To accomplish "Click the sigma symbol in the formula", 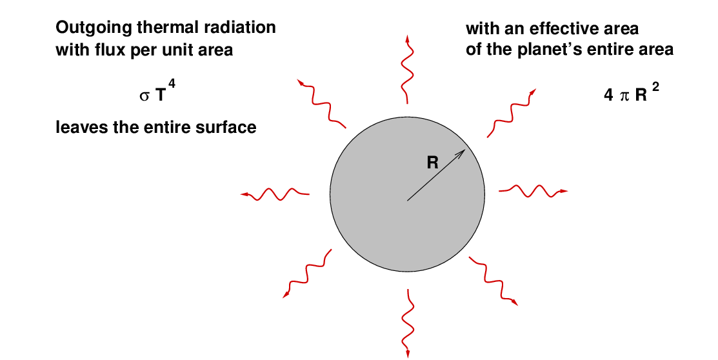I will pos(145,97).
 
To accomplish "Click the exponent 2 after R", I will pos(655,84).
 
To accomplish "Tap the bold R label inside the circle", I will pos(433,163).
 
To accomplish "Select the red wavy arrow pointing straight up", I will pos(407,68).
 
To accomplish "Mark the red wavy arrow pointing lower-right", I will pos(494,281).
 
